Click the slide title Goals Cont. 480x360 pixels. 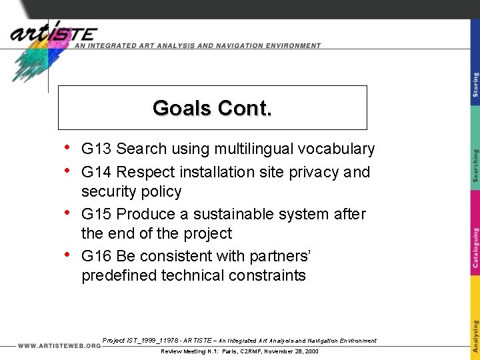coord(212,108)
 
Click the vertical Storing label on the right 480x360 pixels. coord(475,85)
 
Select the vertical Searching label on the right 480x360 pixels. coord(475,166)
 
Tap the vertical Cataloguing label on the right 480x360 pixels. coord(475,247)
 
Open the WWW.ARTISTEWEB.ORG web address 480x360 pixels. coord(59,346)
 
